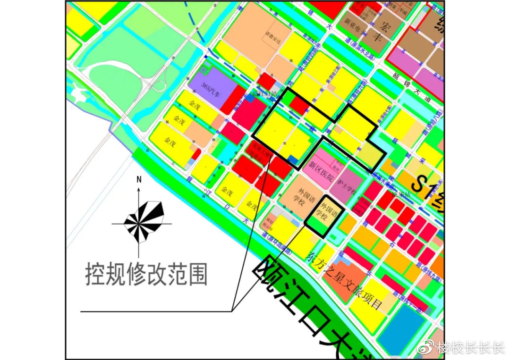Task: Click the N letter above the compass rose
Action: [x=139, y=179]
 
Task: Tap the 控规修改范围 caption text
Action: [x=146, y=274]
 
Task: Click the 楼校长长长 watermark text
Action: [x=470, y=348]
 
